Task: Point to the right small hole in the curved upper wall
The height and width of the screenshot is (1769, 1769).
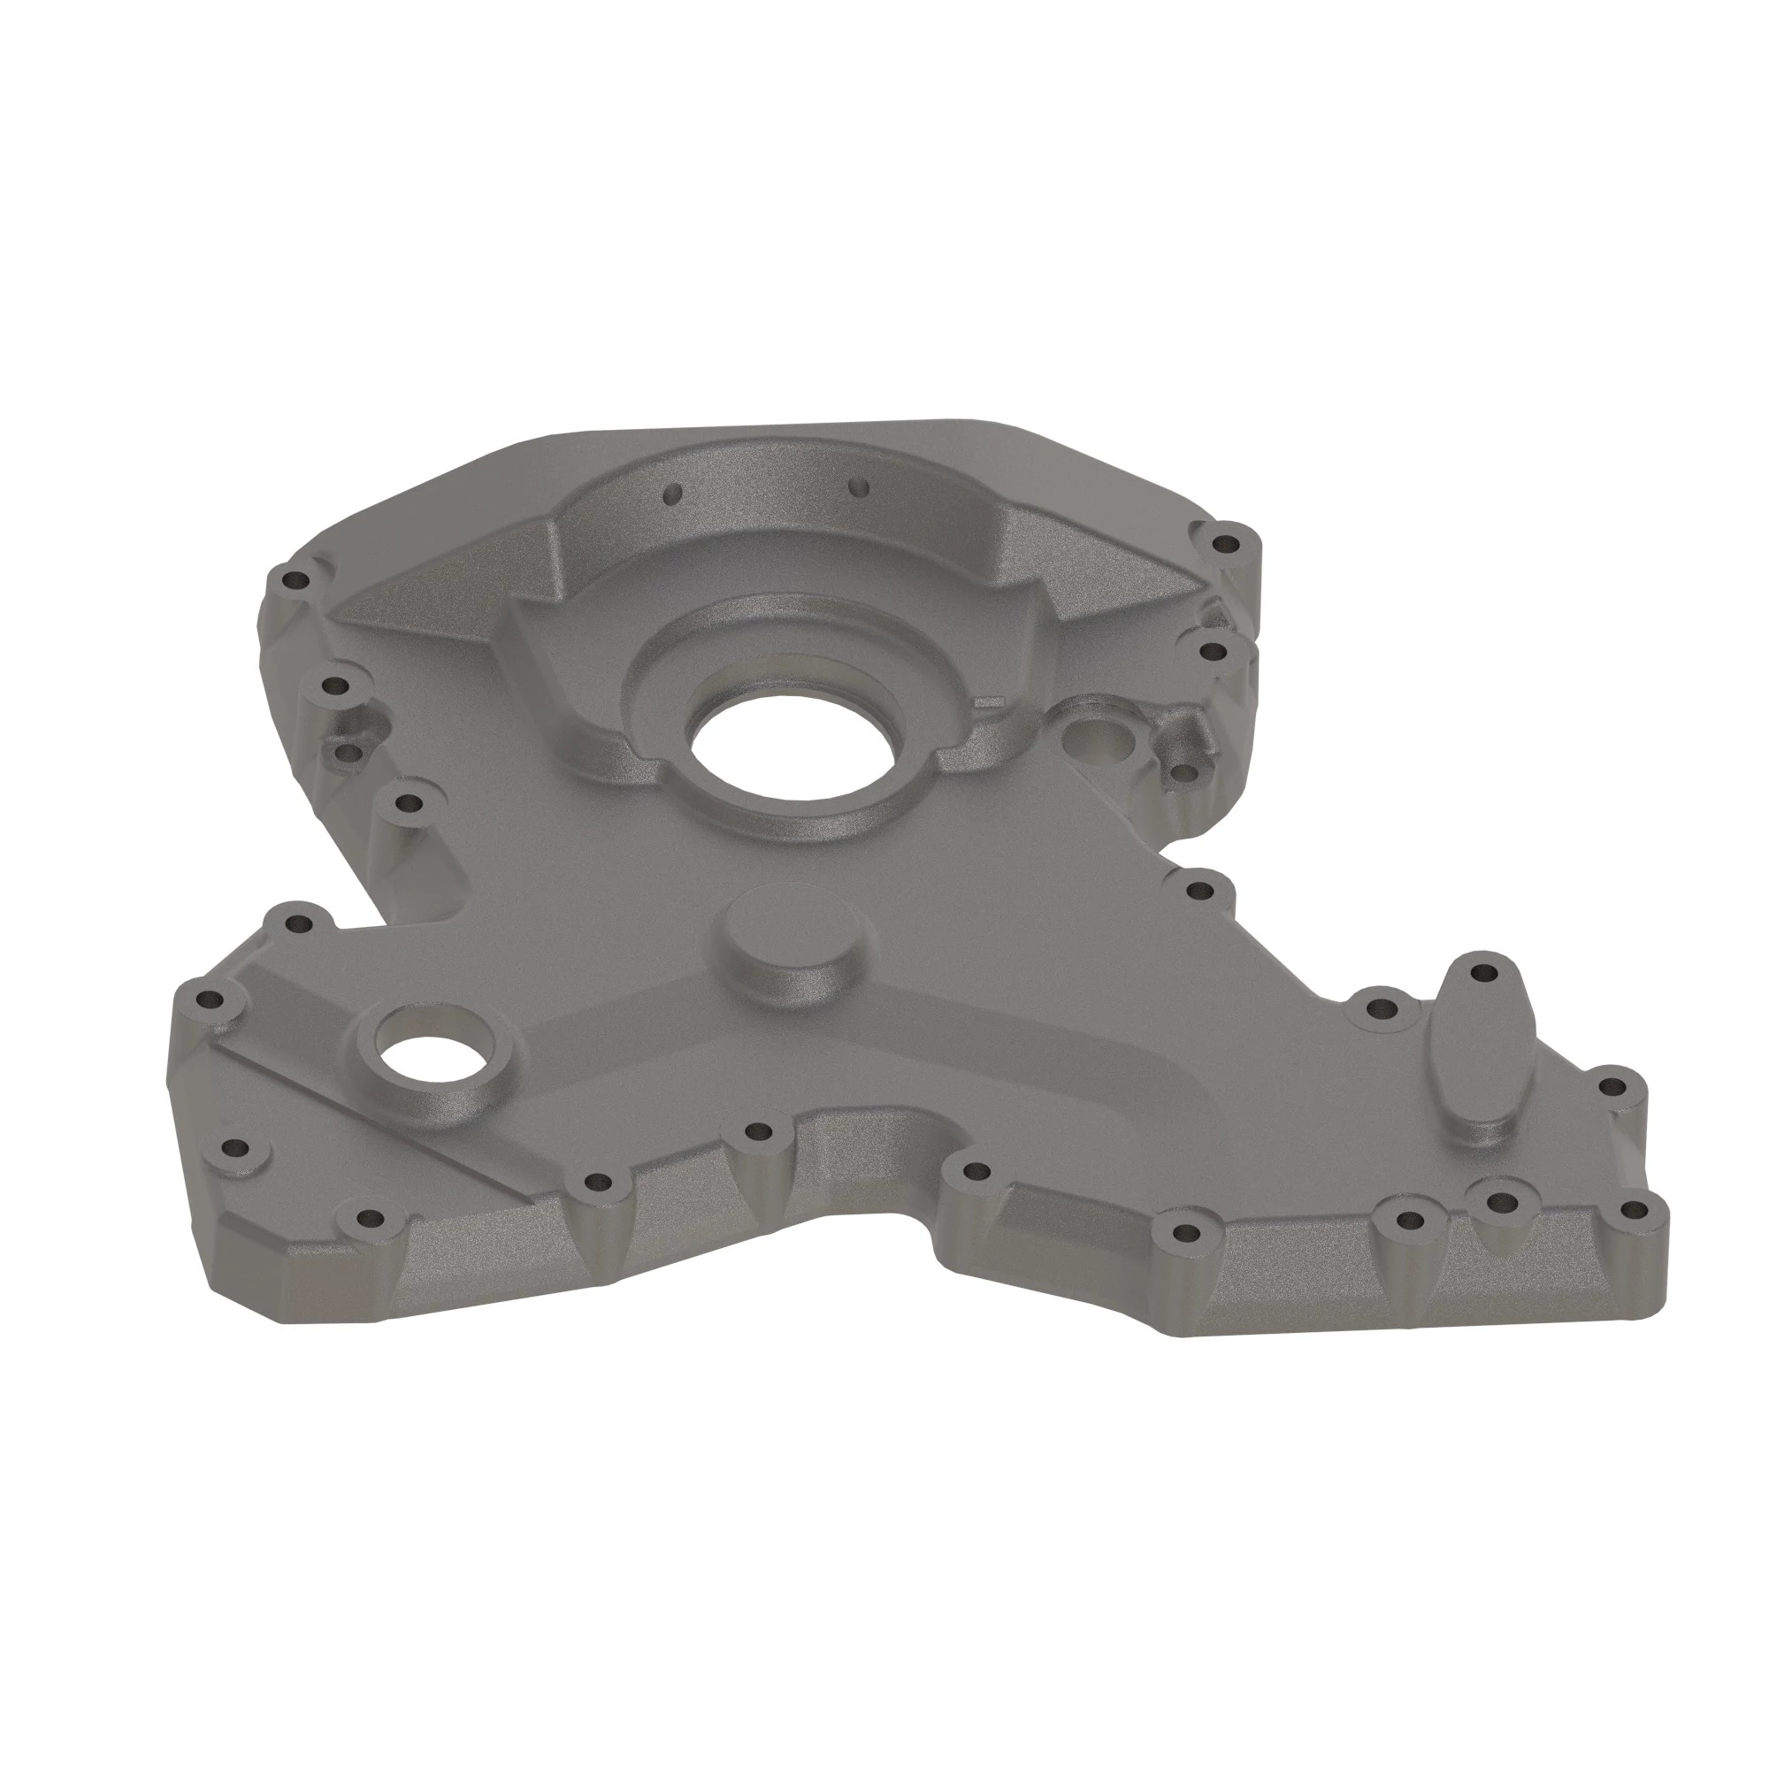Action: tap(858, 486)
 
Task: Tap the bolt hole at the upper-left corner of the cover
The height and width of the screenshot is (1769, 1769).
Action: tap(295, 580)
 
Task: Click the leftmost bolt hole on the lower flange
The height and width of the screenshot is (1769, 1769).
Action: tap(211, 999)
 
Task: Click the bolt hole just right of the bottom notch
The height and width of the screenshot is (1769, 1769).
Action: tap(977, 1171)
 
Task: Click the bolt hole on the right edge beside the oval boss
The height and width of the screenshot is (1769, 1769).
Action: tap(1612, 1087)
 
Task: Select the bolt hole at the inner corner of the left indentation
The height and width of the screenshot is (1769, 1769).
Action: tap(409, 805)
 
